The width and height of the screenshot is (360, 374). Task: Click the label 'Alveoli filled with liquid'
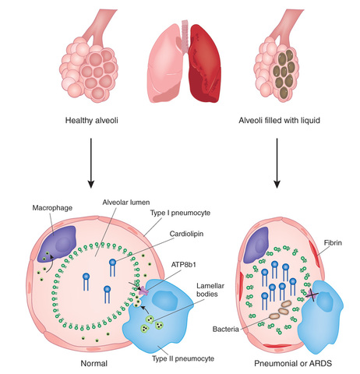(278, 122)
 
